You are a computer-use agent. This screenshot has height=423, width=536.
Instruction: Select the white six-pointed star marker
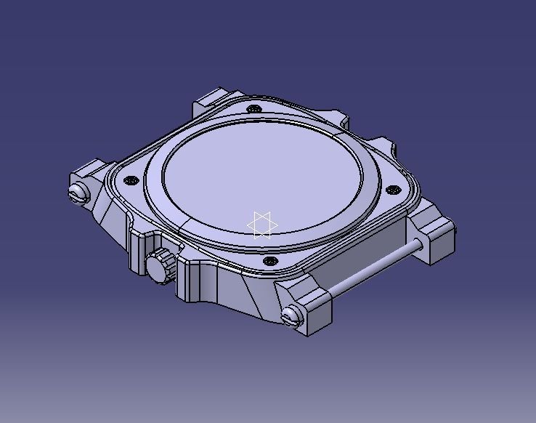(262, 225)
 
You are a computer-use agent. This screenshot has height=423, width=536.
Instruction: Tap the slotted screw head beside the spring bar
(291, 315)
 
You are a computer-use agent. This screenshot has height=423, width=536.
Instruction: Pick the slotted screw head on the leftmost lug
(78, 193)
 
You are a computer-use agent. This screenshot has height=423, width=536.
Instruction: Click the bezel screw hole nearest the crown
(270, 260)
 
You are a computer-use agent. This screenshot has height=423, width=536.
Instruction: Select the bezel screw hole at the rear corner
(253, 109)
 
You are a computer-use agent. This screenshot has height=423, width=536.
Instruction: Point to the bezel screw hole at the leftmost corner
(131, 180)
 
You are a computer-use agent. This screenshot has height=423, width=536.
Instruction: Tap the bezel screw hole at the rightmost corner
(394, 190)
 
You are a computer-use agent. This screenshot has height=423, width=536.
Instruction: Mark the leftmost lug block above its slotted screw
(92, 172)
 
